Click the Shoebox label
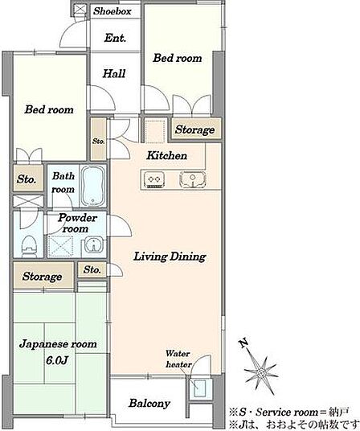pyautogui.click(x=112, y=11)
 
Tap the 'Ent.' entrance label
pyautogui.click(x=115, y=38)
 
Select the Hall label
pyautogui.click(x=114, y=73)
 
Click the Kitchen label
pyautogui.click(x=166, y=155)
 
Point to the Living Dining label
pyautogui.click(x=170, y=257)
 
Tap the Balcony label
pyautogui.click(x=149, y=403)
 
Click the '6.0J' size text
pyautogui.click(x=57, y=360)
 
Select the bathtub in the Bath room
pyautogui.click(x=93, y=186)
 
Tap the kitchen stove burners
pyautogui.click(x=154, y=180)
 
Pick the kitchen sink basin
pyautogui.click(x=193, y=180)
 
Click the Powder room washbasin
pyautogui.click(x=94, y=244)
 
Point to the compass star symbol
pyautogui.click(x=261, y=374)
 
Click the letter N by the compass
pyautogui.click(x=243, y=343)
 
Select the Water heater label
pyautogui.click(x=178, y=359)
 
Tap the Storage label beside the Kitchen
pyautogui.click(x=194, y=129)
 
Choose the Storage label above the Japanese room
pyautogui.click(x=42, y=277)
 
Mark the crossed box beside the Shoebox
pyautogui.click(x=80, y=9)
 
